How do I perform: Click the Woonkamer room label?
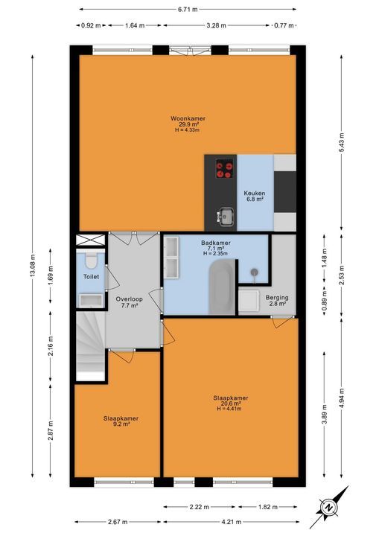[x=188, y=118]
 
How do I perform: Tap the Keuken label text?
[x=255, y=194]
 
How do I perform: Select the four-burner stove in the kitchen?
[x=223, y=170]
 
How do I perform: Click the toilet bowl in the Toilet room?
[x=89, y=261]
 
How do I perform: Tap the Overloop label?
[x=128, y=299]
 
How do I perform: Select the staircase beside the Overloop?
[x=91, y=346]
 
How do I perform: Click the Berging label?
[x=277, y=298]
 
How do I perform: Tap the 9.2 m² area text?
[x=121, y=425]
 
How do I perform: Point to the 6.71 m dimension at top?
[x=188, y=10]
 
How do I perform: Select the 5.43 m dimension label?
[x=342, y=146]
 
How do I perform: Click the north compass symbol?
[x=328, y=506]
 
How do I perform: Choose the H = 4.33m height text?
[x=188, y=131]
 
